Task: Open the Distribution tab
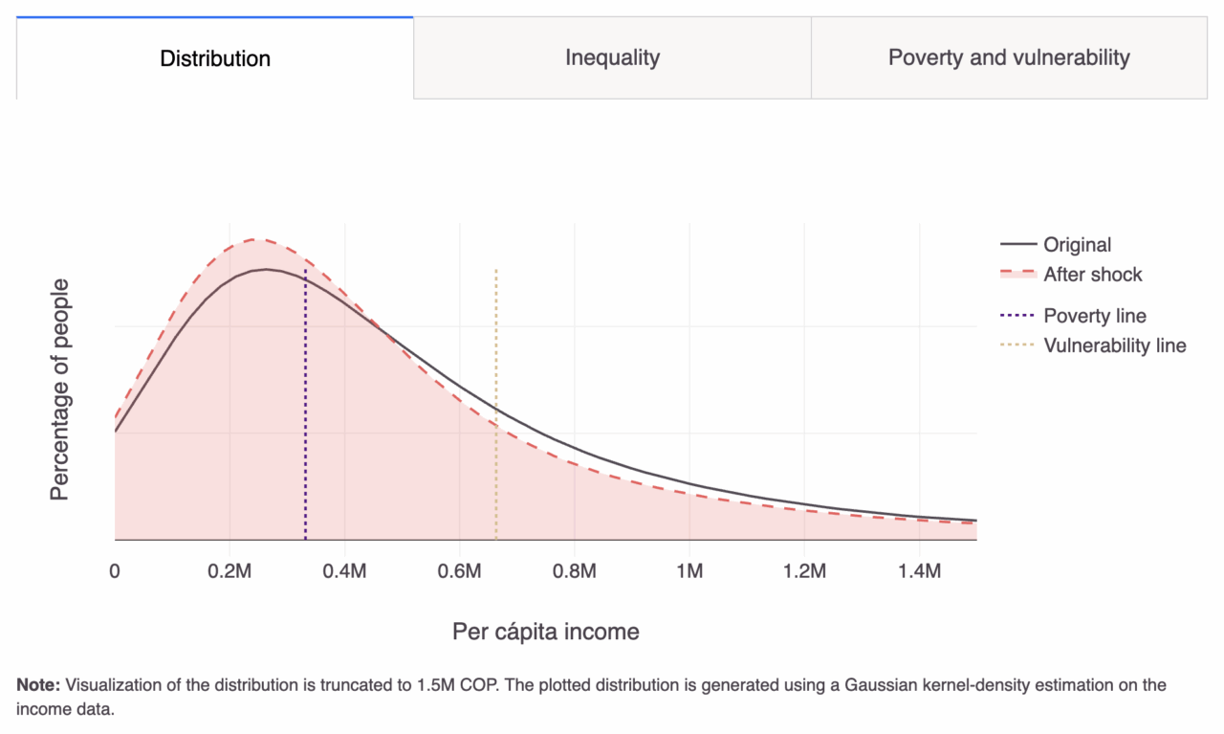click(215, 58)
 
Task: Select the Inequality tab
click(612, 57)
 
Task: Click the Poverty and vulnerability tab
click(1009, 57)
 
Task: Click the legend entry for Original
click(1077, 245)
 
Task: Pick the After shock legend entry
click(1092, 275)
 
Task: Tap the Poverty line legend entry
click(1094, 316)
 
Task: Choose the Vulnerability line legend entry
click(1114, 345)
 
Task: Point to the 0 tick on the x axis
click(115, 571)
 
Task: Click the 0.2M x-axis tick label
click(229, 571)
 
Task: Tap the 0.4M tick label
click(344, 571)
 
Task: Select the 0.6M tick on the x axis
click(459, 571)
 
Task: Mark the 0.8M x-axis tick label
click(574, 571)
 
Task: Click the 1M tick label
click(689, 571)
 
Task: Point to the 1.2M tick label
click(804, 571)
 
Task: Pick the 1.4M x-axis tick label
click(919, 571)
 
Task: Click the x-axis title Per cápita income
click(545, 632)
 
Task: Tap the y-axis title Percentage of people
click(60, 389)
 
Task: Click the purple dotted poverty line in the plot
click(305, 431)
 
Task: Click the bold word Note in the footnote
click(38, 685)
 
